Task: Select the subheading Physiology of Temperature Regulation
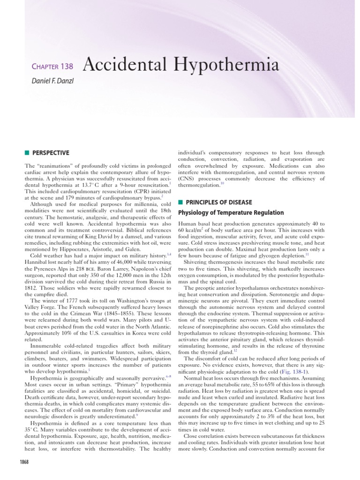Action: (x=231, y=213)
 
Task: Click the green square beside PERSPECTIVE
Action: (x=27, y=153)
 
